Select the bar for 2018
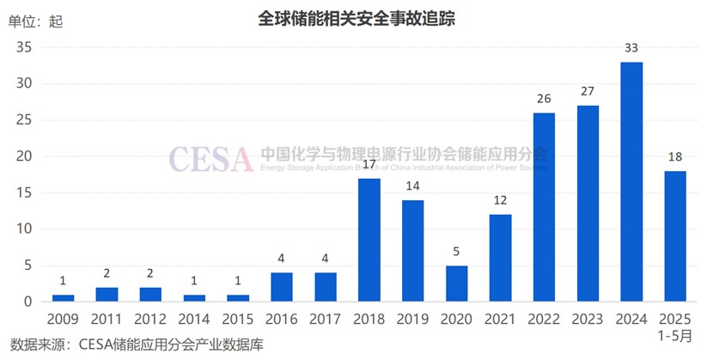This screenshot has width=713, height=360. coord(369,240)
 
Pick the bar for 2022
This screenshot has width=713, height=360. coord(544,207)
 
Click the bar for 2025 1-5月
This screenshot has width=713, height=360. coord(674,236)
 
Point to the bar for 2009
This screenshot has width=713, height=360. coord(63,298)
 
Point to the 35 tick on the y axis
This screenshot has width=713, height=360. coord(24,48)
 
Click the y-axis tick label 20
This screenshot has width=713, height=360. coord(24,157)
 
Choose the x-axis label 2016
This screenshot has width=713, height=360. coord(281,319)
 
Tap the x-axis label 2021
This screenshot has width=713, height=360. coord(500,319)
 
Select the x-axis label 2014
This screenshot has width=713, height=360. coord(194,319)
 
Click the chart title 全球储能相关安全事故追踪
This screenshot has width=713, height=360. coord(356,16)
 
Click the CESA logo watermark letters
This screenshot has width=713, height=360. coord(210,158)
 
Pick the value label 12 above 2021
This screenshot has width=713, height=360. coord(500,201)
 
